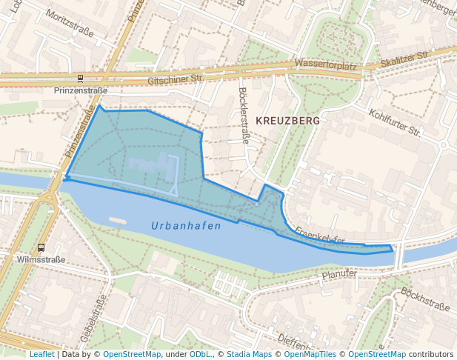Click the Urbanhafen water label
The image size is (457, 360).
point(186,225)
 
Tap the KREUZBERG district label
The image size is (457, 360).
point(287,120)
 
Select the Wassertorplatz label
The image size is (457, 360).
point(325,66)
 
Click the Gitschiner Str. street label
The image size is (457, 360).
point(176,79)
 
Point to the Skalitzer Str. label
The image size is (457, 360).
point(404,57)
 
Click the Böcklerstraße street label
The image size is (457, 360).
point(244,116)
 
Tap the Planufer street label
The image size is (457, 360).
point(339,274)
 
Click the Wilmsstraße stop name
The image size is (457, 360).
point(41,260)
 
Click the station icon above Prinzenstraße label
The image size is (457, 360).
point(80,79)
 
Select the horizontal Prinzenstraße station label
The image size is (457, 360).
point(81,90)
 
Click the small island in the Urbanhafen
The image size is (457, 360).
point(117,220)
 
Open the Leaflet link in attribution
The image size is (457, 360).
point(41,354)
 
